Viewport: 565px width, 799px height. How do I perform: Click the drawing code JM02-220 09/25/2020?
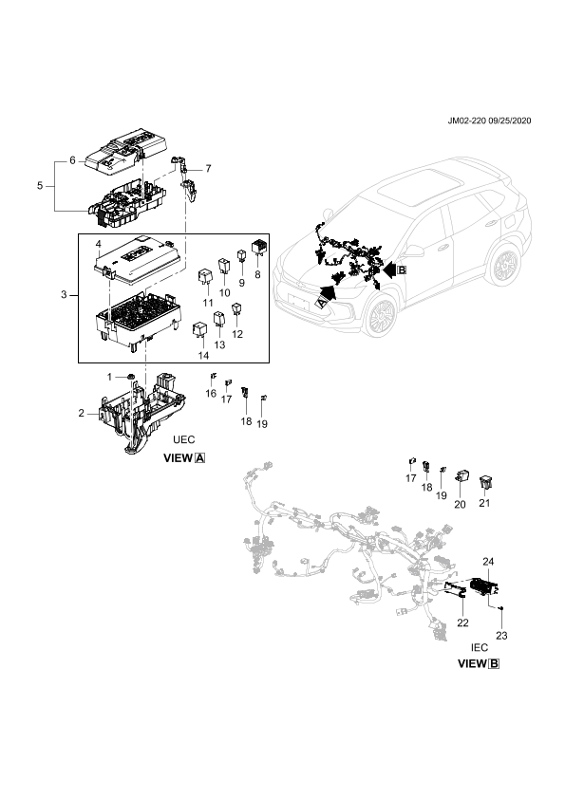click(489, 121)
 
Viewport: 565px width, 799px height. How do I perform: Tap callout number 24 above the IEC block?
click(488, 562)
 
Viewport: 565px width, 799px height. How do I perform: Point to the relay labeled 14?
click(199, 328)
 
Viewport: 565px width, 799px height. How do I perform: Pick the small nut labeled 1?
click(131, 377)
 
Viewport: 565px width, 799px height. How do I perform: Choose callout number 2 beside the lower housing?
click(81, 413)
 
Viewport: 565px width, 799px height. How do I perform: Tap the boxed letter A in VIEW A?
click(200, 458)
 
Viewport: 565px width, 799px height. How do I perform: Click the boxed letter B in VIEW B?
click(494, 664)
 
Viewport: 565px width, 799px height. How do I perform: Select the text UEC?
click(184, 439)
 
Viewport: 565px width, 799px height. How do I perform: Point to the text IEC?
click(480, 648)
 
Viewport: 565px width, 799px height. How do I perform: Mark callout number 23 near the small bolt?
click(501, 636)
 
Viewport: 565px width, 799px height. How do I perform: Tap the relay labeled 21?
click(485, 481)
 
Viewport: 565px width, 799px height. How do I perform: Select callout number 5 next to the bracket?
click(40, 185)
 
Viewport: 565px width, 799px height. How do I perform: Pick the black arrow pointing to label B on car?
click(388, 269)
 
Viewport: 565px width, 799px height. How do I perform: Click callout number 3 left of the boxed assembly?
click(64, 294)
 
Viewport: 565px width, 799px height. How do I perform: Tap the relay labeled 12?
click(236, 309)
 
